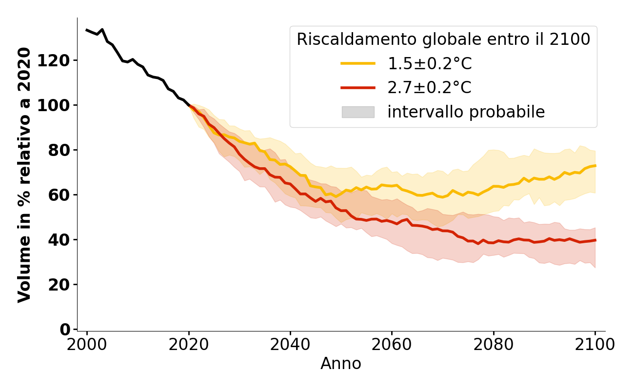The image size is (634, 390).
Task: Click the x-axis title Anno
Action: click(341, 364)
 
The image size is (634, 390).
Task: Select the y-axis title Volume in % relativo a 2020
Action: click(24, 175)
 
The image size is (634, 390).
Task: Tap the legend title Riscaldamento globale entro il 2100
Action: click(443, 39)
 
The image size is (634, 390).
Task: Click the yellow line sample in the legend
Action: click(358, 63)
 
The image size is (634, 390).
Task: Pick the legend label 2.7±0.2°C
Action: click(429, 88)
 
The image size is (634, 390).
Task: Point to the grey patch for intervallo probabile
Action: click(358, 112)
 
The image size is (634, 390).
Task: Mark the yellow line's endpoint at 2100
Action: click(595, 166)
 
